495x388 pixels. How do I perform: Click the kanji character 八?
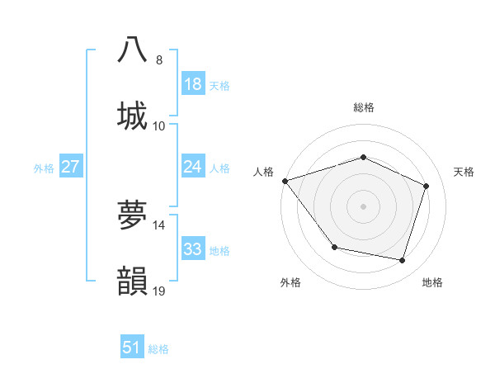coord(133,50)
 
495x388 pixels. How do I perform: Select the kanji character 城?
coord(133,115)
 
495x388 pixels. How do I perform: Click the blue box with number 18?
coord(193,84)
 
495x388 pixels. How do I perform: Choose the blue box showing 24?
coord(193,167)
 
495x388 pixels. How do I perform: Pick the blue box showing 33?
coord(193,249)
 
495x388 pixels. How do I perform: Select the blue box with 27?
coord(70,167)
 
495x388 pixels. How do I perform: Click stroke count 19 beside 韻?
coord(158,291)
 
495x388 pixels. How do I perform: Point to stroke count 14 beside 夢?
coord(158,225)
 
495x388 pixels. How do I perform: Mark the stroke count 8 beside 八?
coord(158,59)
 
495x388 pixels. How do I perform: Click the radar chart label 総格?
coord(363,107)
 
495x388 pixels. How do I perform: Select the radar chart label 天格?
coord(464,172)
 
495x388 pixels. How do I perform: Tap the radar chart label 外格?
coord(290,282)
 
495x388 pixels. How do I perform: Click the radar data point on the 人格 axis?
coord(285,181)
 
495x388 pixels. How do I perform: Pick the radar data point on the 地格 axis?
coord(402,260)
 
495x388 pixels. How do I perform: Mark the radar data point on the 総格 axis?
coord(363,157)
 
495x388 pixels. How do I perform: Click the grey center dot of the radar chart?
coord(363,206)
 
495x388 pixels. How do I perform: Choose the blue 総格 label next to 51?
coord(158,349)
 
